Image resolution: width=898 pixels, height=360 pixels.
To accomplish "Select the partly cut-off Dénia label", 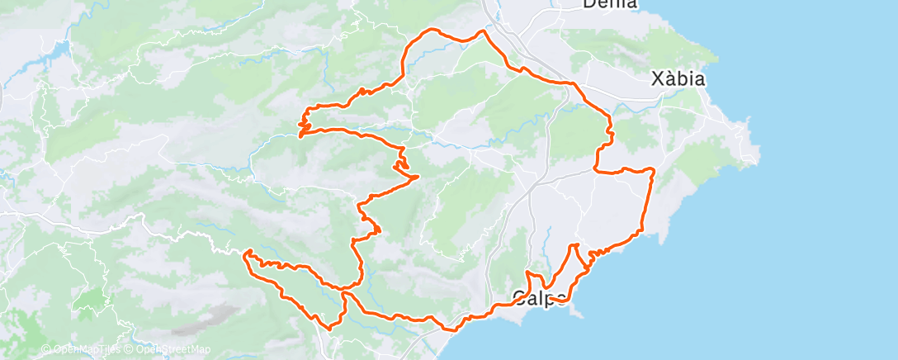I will tap(610, 4).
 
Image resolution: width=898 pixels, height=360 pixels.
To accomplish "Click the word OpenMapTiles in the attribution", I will tap(81, 350).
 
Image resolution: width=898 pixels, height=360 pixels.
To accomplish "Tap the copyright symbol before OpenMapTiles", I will tap(46, 350).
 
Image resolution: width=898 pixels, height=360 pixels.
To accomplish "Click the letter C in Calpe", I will tap(519, 298).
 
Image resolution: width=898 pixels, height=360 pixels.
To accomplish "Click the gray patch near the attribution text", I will tap(210, 318).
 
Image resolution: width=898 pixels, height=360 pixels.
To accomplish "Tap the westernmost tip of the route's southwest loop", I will tap(243, 253).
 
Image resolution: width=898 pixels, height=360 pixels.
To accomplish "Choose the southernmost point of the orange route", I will tap(331, 329).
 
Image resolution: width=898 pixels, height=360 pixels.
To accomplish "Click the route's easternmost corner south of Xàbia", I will tap(653, 170).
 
